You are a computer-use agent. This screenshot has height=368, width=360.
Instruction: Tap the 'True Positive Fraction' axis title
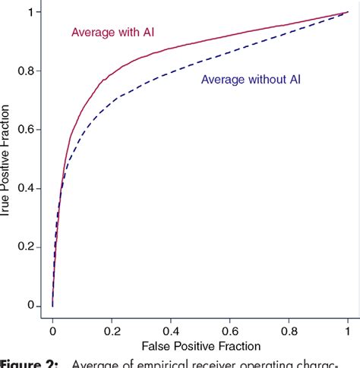[x=7, y=159]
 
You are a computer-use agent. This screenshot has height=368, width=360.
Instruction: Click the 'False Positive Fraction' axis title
[x=200, y=348]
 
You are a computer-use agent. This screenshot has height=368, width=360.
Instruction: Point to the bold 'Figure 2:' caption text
[x=28, y=363]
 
